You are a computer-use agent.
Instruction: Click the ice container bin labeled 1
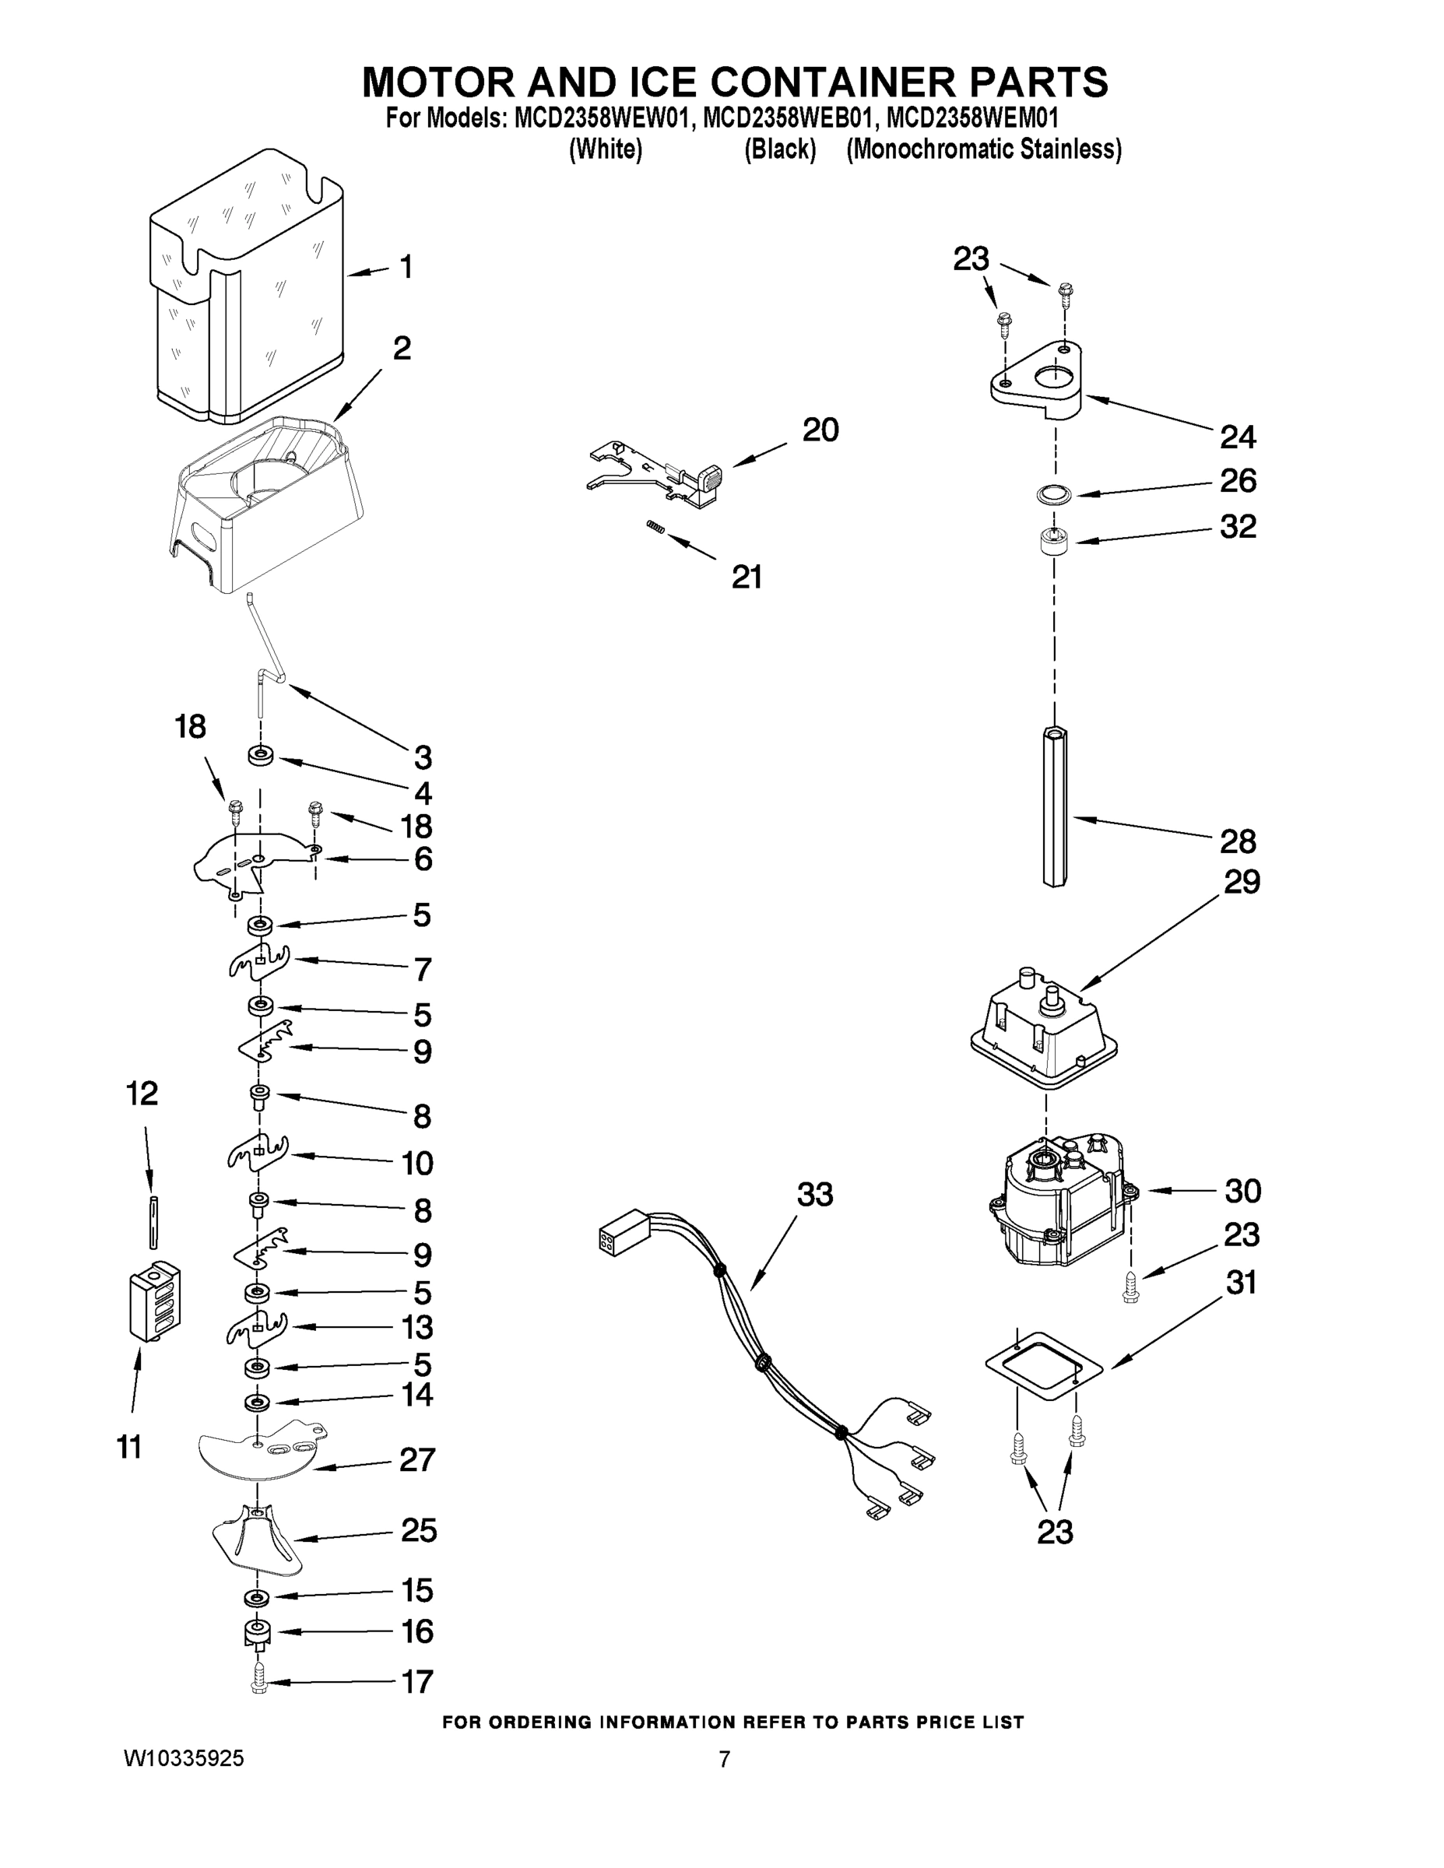[x=248, y=291]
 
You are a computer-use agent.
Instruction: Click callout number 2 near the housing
[x=401, y=349]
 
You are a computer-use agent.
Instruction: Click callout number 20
[x=820, y=430]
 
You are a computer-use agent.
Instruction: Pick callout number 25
[x=418, y=1529]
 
